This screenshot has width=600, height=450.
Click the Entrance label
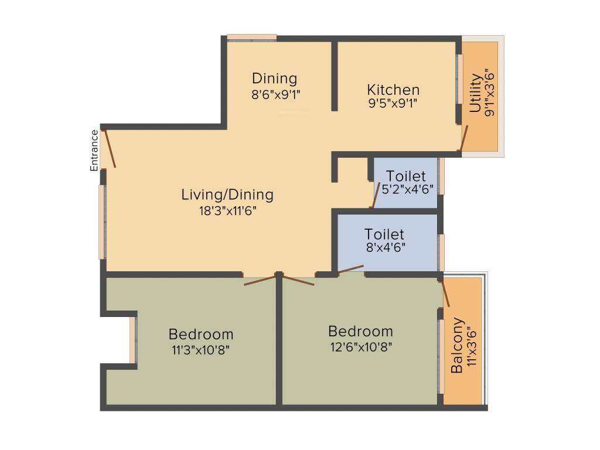(94, 151)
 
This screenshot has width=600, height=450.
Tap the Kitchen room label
(393, 90)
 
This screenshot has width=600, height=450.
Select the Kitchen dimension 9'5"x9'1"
(393, 104)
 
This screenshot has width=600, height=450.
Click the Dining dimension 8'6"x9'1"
(275, 93)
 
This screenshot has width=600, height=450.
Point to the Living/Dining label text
(227, 195)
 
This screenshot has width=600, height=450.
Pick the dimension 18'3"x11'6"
(227, 209)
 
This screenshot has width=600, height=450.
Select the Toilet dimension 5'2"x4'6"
(407, 189)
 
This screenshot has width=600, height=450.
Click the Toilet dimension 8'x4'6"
(385, 248)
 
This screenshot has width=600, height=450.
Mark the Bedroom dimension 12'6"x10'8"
(360, 346)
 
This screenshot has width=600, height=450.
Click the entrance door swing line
(109, 149)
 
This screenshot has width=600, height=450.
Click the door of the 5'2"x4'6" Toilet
(375, 195)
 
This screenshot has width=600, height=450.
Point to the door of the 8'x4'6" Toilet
(350, 269)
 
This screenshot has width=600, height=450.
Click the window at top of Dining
(251, 37)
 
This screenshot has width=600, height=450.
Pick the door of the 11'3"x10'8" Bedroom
(261, 279)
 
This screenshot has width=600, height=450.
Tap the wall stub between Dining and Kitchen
(334, 75)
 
